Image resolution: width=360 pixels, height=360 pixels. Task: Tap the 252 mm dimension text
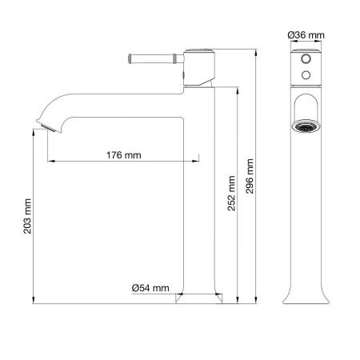pos(231,192)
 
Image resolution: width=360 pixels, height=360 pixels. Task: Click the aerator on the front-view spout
pos(304,128)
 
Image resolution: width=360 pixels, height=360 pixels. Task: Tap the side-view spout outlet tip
pos(50,127)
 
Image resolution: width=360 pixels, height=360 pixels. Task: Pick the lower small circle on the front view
pos(304,77)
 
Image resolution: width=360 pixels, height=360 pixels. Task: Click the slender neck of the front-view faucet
pos(304,208)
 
